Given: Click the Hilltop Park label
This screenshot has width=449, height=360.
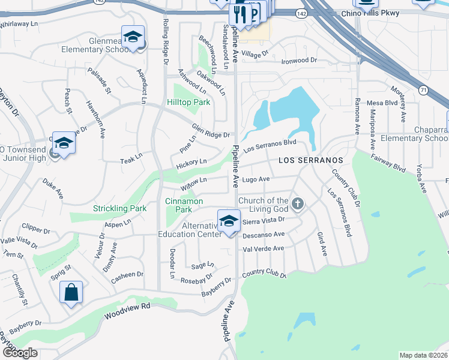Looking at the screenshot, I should click(x=188, y=103).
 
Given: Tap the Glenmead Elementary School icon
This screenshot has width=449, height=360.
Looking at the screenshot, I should click(x=133, y=37).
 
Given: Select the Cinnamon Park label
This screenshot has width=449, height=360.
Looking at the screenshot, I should click(x=184, y=206).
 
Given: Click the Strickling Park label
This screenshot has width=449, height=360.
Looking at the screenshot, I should click(x=120, y=209).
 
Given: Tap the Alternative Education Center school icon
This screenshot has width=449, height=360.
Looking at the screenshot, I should click(x=229, y=221).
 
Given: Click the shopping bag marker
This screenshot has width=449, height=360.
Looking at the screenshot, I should click(x=71, y=293).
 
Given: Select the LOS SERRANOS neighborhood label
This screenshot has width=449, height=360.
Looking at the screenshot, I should click(x=310, y=161).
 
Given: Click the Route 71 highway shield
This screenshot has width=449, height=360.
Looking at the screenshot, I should click(x=424, y=91).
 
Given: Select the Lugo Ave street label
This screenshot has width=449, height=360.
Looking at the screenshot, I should click(x=256, y=179).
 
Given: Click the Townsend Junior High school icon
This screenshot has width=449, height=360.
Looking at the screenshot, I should click(x=64, y=143).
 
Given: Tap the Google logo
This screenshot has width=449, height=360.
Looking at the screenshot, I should click(x=20, y=353).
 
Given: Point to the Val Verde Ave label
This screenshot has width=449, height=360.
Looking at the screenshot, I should click(x=263, y=248).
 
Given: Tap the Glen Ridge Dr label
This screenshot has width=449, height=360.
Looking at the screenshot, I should click(x=211, y=131).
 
